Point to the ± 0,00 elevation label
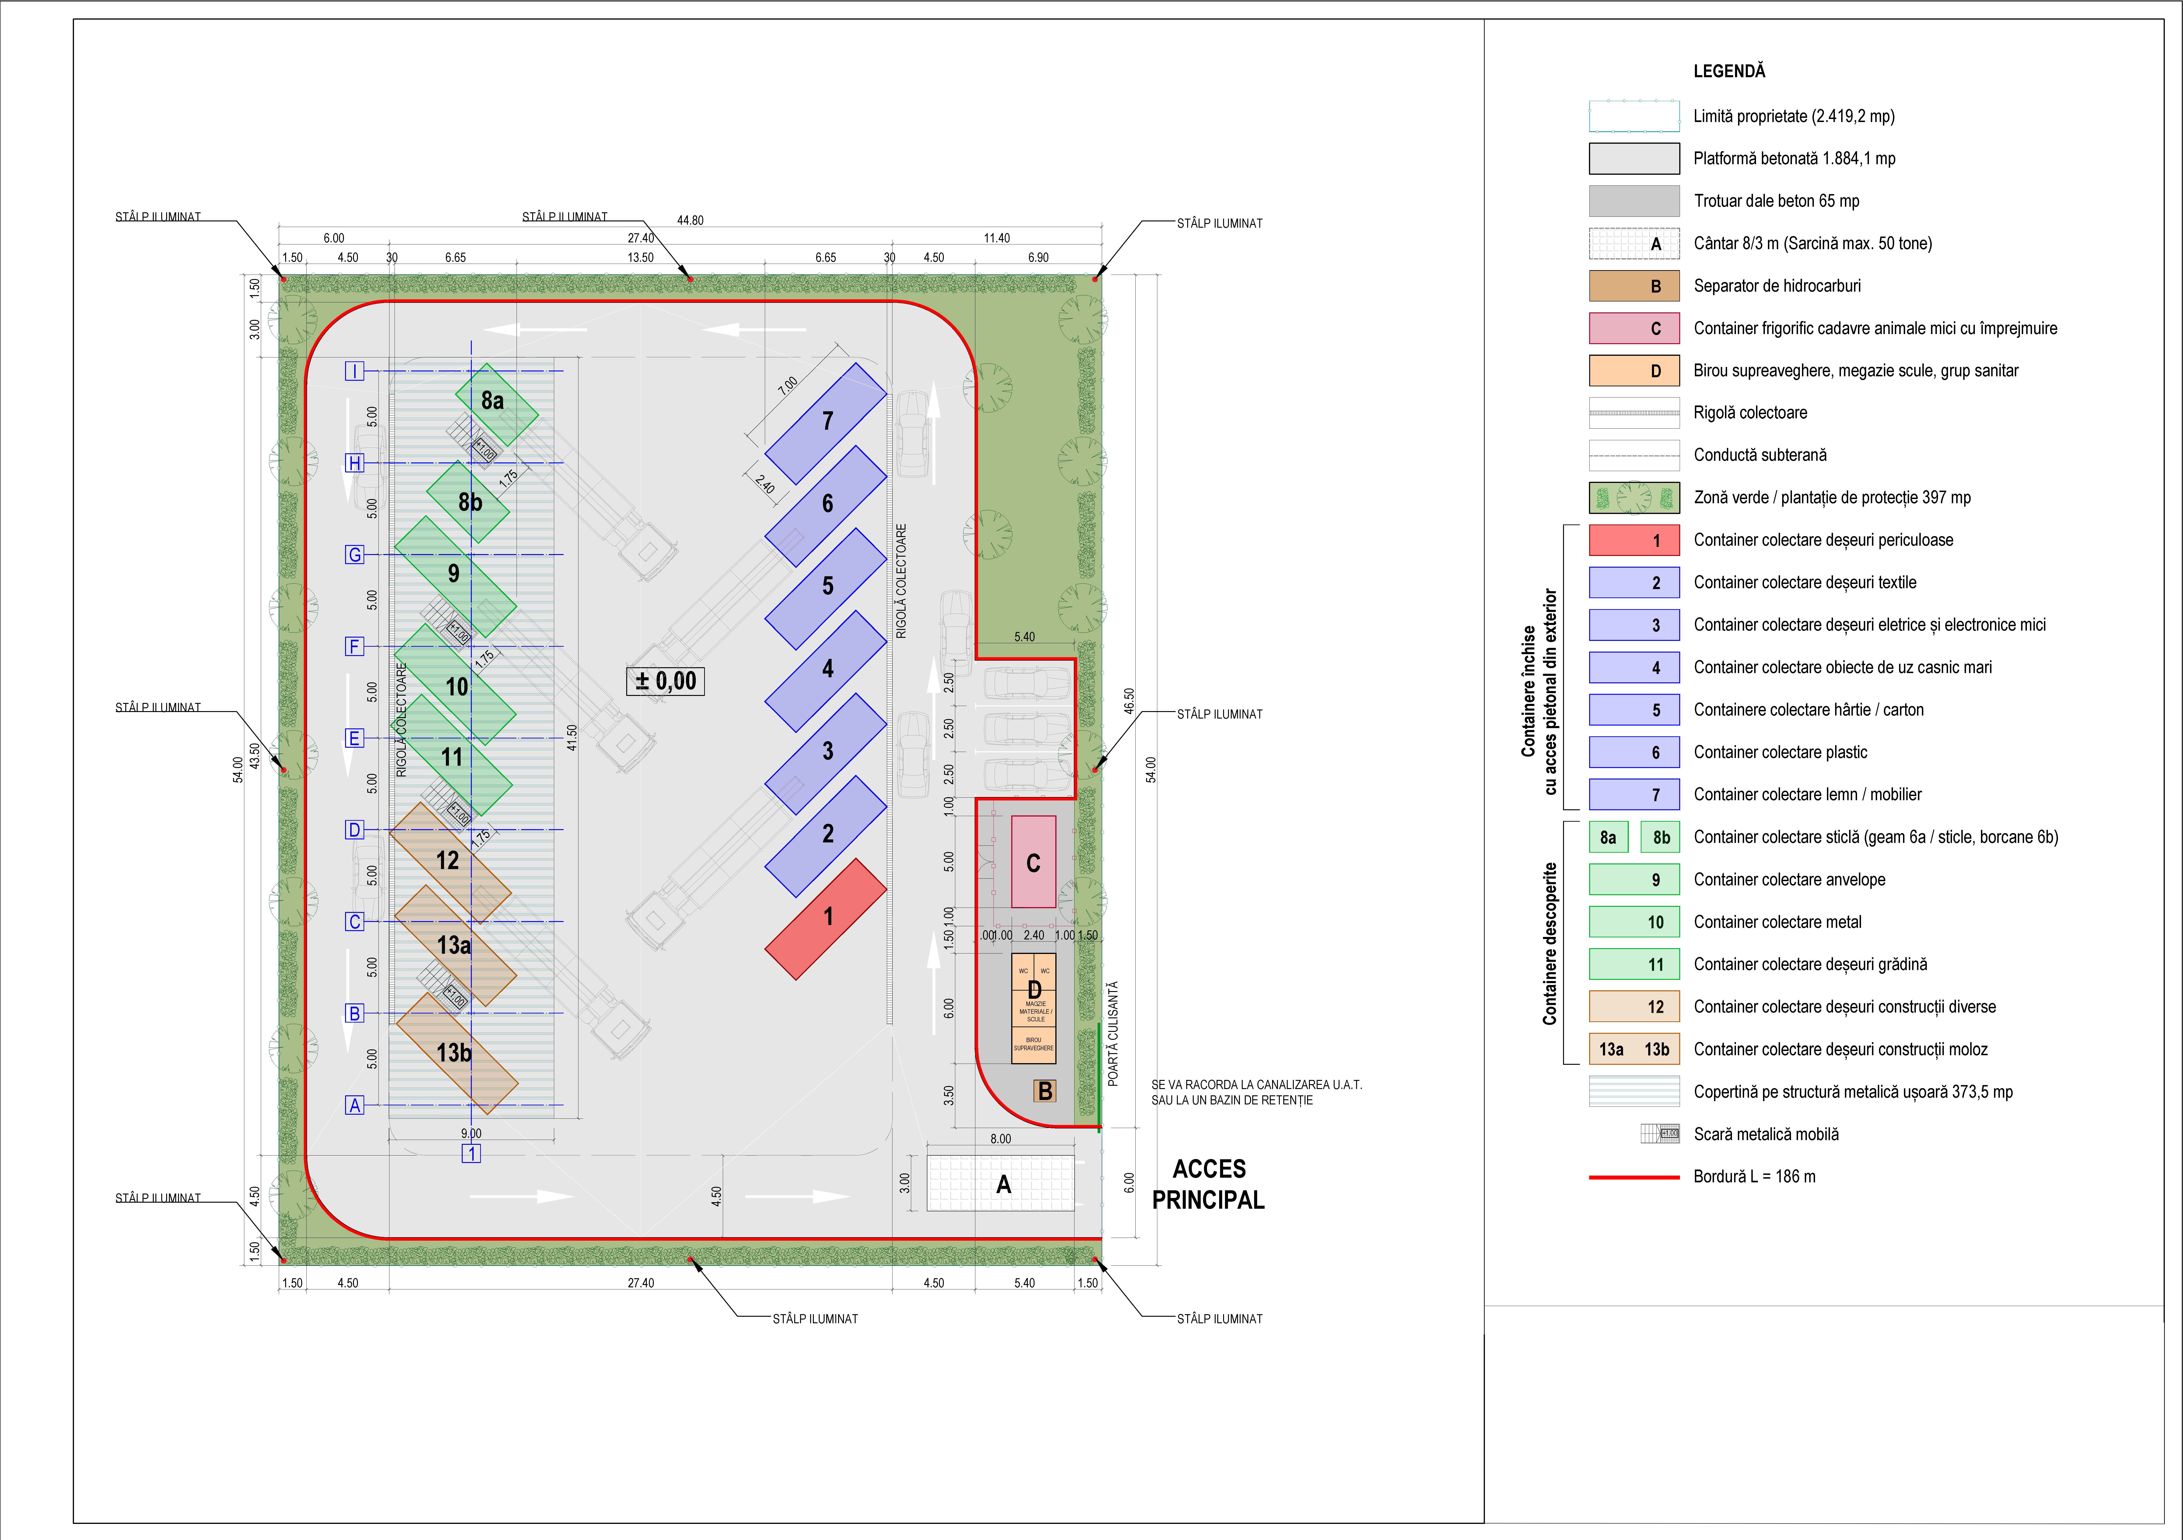(665, 681)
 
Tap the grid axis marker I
(355, 371)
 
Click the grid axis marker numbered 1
(471, 1153)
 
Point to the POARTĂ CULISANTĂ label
(1113, 1033)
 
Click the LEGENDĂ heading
(1728, 71)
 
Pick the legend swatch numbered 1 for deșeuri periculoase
(1634, 540)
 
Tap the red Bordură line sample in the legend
(1634, 1177)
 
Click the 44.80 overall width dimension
(690, 220)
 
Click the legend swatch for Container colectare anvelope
(1634, 879)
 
